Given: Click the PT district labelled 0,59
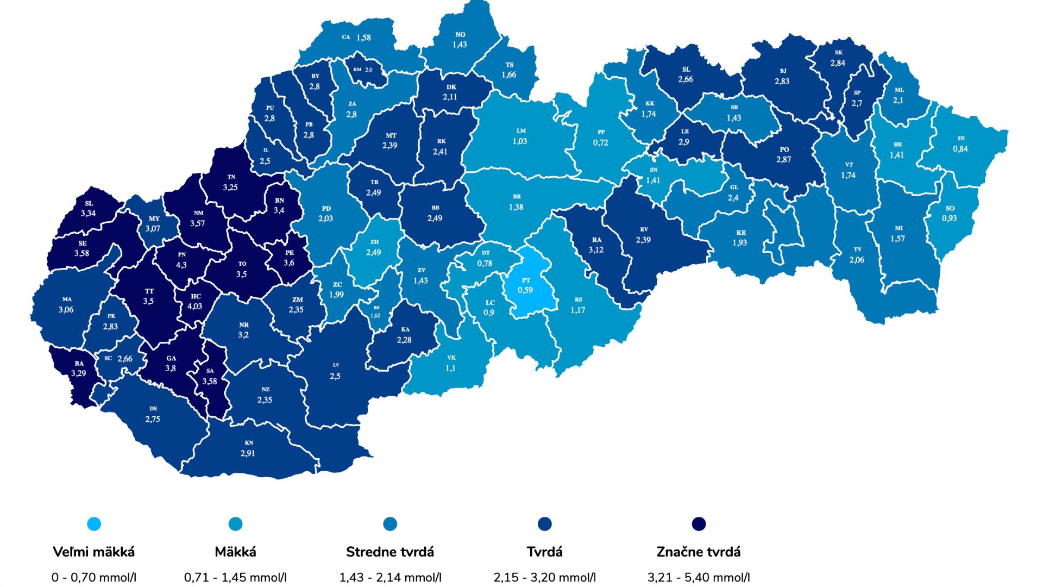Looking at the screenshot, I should point(525,286).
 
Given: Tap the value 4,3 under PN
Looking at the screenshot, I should point(181,265).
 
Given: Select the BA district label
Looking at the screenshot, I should point(79,364).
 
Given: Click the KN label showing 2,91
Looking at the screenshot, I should point(248,449).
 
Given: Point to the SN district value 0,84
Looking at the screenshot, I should point(960,149).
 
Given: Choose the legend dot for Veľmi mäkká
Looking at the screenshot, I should point(94,524).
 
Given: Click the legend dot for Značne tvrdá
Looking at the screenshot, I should point(699,524).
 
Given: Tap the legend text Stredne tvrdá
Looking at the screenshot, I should point(390,552).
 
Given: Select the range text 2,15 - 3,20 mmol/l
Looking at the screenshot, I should point(544,577).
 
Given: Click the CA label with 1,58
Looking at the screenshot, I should point(357,38).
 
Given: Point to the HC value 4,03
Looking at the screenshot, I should point(194,307).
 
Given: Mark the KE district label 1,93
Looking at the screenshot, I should point(740,238).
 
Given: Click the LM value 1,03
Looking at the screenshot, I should point(520,141).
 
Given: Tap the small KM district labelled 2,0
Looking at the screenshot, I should point(363,70).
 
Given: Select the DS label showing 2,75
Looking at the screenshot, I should point(153,415).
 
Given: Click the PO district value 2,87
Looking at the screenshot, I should point(783,160).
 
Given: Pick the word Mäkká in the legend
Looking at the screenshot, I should point(235,552).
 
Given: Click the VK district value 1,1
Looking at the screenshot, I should point(450,369).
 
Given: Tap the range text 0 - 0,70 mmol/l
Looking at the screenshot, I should point(94,577).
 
